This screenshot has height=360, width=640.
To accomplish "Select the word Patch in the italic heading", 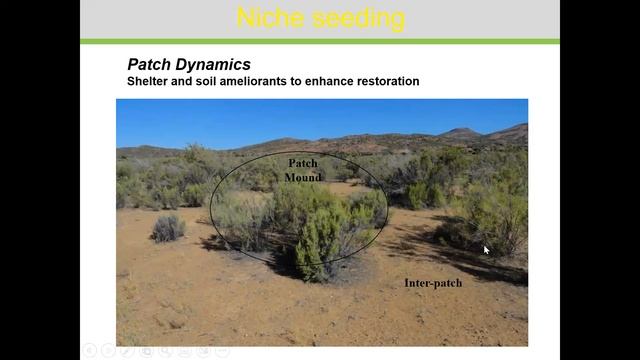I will click(x=149, y=65).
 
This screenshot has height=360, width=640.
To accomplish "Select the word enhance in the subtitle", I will click(x=326, y=81).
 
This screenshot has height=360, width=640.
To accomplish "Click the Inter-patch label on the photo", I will click(x=433, y=283).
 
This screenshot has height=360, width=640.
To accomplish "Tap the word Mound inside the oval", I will click(x=302, y=177).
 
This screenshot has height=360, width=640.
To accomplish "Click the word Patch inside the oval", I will click(x=302, y=163).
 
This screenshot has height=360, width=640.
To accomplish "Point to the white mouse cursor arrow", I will click(x=486, y=250).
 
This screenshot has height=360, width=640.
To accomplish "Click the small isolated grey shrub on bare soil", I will click(x=168, y=229).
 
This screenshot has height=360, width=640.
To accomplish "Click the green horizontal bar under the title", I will click(x=320, y=41).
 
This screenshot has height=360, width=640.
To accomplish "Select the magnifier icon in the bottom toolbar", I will click(x=146, y=351).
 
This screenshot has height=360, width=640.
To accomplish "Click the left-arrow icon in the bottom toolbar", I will click(x=89, y=351).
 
